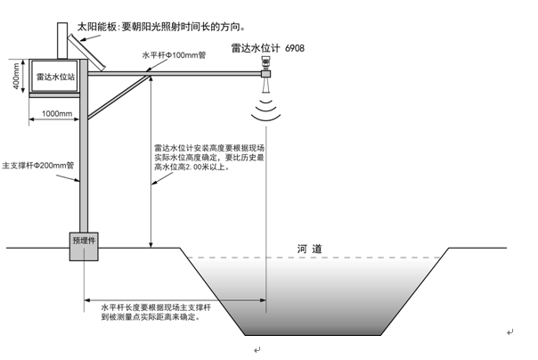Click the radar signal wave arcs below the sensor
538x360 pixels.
pyautogui.click(x=266, y=111)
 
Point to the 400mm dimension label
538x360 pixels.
pyautogui.click(x=17, y=78)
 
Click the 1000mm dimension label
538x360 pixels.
pyautogui.click(x=57, y=113)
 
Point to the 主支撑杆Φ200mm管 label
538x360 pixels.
pyautogui.click(x=39, y=166)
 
